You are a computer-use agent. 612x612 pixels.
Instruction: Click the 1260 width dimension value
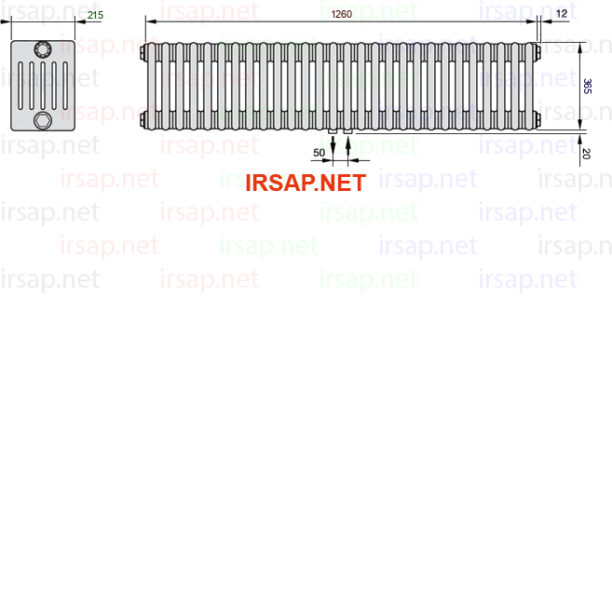tap(342, 14)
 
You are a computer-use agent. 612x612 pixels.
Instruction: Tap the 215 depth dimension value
tap(95, 15)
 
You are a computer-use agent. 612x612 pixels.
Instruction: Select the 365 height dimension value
tap(587, 87)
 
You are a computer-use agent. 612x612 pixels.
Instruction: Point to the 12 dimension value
tap(562, 14)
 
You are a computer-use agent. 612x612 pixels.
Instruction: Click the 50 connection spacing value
tap(319, 153)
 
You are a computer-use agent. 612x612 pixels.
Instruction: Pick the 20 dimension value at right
tap(586, 154)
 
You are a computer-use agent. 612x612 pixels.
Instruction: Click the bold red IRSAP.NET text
tap(306, 183)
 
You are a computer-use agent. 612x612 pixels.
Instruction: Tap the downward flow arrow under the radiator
tap(333, 147)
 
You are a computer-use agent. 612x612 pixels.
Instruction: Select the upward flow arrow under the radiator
tap(348, 147)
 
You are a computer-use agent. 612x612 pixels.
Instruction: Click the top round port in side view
tap(43, 49)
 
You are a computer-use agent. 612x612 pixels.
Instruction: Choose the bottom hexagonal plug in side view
tap(43, 120)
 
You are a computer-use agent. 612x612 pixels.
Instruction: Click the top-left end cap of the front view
tap(143, 53)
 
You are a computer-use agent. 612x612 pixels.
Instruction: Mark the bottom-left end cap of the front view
tap(143, 119)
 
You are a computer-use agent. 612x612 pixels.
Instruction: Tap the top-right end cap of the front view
tap(538, 53)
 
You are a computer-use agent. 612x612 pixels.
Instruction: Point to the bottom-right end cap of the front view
tap(538, 119)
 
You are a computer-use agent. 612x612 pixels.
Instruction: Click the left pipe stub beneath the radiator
tap(333, 132)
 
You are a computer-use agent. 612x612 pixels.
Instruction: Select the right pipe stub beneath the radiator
tap(348, 132)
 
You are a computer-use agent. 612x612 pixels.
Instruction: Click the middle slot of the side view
tap(43, 86)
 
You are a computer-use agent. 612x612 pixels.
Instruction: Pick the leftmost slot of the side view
tap(20, 86)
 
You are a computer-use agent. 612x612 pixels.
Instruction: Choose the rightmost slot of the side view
tap(65, 86)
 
